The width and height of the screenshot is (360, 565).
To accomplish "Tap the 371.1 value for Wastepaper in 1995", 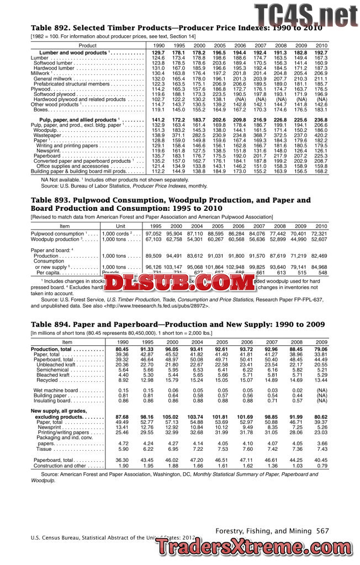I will tap(179, 135).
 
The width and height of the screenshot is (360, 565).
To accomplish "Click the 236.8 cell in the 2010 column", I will tap(321, 120).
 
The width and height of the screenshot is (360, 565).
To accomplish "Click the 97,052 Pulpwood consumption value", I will tap(153, 234).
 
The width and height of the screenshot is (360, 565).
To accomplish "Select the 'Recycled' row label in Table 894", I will tap(48, 380).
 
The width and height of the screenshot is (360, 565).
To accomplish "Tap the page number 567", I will tap(322, 531).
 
